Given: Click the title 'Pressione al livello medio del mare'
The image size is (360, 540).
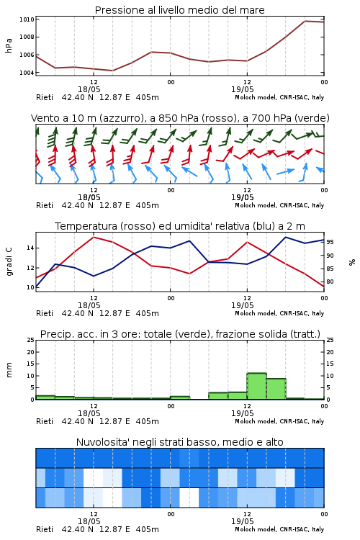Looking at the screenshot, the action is click(x=179, y=10).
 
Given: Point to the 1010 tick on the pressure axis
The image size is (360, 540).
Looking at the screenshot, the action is click(x=27, y=19).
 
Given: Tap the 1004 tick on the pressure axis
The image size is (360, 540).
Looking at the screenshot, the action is click(x=27, y=73).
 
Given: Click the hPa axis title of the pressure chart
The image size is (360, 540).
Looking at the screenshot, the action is click(x=9, y=45).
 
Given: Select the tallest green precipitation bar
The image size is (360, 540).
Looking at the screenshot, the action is click(x=256, y=386).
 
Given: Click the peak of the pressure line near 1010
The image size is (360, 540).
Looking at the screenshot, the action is click(x=305, y=21).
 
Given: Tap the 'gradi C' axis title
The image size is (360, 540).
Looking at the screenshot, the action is click(x=9, y=262).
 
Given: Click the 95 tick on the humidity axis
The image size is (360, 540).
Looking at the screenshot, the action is click(x=330, y=242).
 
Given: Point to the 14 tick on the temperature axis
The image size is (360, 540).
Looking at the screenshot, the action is click(x=30, y=248).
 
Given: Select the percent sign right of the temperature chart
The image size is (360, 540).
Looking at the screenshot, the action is click(x=352, y=262).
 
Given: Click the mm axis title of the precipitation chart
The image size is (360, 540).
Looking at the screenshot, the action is click(x=9, y=370).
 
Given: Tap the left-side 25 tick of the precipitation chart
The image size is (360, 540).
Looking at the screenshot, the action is click(x=31, y=340).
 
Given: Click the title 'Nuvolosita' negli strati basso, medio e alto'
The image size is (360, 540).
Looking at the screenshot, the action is click(x=179, y=442).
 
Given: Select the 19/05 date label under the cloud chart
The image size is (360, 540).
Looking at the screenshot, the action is click(x=242, y=521).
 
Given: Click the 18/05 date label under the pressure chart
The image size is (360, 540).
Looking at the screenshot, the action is click(x=89, y=89).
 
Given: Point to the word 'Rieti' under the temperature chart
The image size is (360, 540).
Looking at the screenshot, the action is click(x=45, y=313).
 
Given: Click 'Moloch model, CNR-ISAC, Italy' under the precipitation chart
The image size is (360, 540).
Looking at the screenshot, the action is click(x=279, y=421).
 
